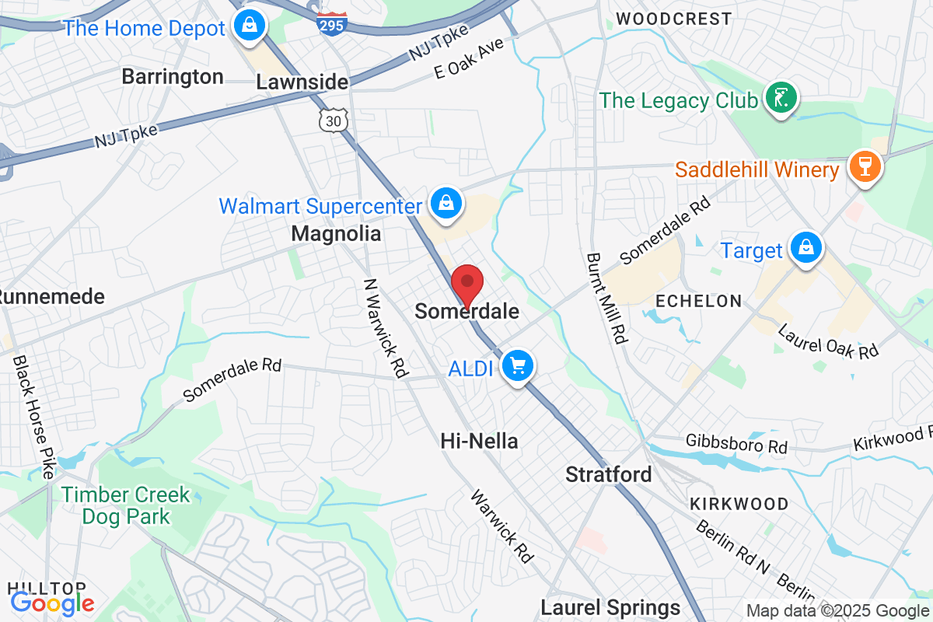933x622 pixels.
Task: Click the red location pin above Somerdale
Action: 467,284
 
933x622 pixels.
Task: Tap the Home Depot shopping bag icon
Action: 252,26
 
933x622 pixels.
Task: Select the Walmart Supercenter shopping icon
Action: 446,204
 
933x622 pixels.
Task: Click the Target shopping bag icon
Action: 806,249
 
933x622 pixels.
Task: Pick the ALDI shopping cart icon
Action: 517,366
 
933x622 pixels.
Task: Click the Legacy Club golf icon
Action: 781,99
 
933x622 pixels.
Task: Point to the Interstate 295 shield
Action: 330,23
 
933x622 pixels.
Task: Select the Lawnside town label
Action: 302,82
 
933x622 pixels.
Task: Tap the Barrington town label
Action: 173,77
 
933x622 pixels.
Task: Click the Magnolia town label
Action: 336,233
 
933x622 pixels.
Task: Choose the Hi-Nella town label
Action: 479,441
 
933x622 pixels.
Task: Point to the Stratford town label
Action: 608,473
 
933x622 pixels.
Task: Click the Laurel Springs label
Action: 610,607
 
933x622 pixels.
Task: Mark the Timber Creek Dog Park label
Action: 125,505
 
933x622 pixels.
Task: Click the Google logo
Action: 52,602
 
